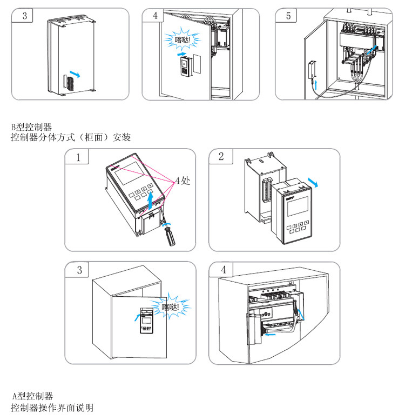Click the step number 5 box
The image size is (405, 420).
click(x=288, y=16)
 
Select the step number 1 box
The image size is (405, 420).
click(x=79, y=157)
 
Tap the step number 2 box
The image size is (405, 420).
click(x=221, y=157)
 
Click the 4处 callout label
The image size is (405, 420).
click(x=182, y=181)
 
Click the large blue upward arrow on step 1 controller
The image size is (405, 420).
click(x=151, y=201)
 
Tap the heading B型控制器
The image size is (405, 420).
click(x=32, y=128)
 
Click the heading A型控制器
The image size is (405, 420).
click(x=33, y=396)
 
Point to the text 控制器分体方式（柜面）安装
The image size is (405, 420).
click(x=71, y=138)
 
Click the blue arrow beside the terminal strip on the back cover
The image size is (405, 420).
click(x=78, y=75)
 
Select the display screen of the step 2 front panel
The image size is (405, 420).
click(x=295, y=206)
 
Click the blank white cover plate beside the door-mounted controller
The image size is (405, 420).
click(x=197, y=64)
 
